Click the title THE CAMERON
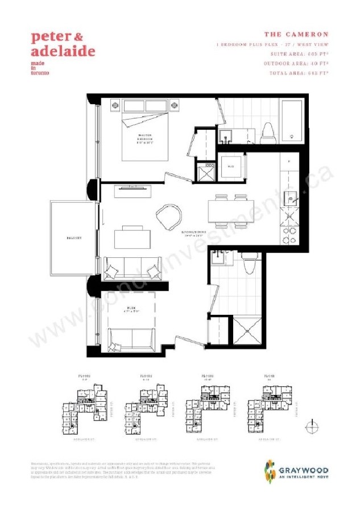coord(297,34)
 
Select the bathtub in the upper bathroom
coord(293,122)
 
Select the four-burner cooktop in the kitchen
coord(293,227)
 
